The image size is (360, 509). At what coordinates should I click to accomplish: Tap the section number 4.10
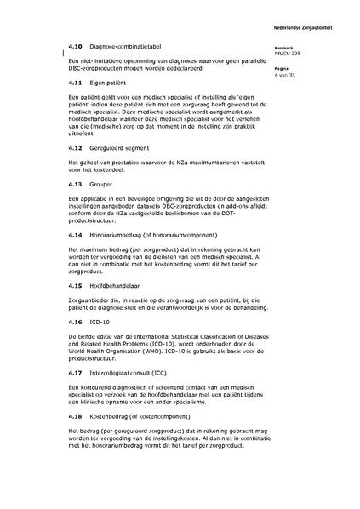pos(73,44)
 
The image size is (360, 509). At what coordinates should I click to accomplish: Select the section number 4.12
pos(73,148)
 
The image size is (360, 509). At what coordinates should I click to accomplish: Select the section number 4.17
pos(73,371)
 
